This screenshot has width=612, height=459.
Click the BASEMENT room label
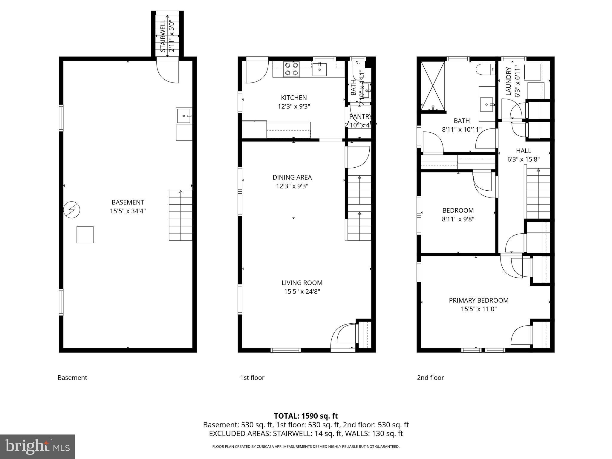(128, 202)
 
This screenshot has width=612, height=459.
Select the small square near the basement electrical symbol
(85, 235)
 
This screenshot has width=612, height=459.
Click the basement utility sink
(184, 116)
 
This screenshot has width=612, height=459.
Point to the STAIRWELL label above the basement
(163, 36)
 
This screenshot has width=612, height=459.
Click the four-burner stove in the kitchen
(291, 69)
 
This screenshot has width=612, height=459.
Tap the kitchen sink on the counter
(319, 70)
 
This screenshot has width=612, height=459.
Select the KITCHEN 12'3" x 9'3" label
(294, 102)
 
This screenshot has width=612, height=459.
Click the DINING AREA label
(292, 178)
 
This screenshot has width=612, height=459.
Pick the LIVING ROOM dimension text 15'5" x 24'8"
(302, 291)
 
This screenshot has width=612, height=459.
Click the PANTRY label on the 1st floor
(360, 117)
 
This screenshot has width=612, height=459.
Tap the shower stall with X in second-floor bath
(432, 86)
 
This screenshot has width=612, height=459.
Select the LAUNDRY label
(509, 81)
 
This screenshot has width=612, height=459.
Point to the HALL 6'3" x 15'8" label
(523, 155)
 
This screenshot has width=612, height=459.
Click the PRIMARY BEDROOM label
(478, 300)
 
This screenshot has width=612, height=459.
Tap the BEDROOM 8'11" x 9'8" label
(458, 215)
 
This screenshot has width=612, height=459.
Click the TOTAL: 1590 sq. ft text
(306, 416)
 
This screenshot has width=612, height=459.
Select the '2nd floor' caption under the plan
(430, 378)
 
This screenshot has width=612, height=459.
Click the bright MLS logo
(37, 446)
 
